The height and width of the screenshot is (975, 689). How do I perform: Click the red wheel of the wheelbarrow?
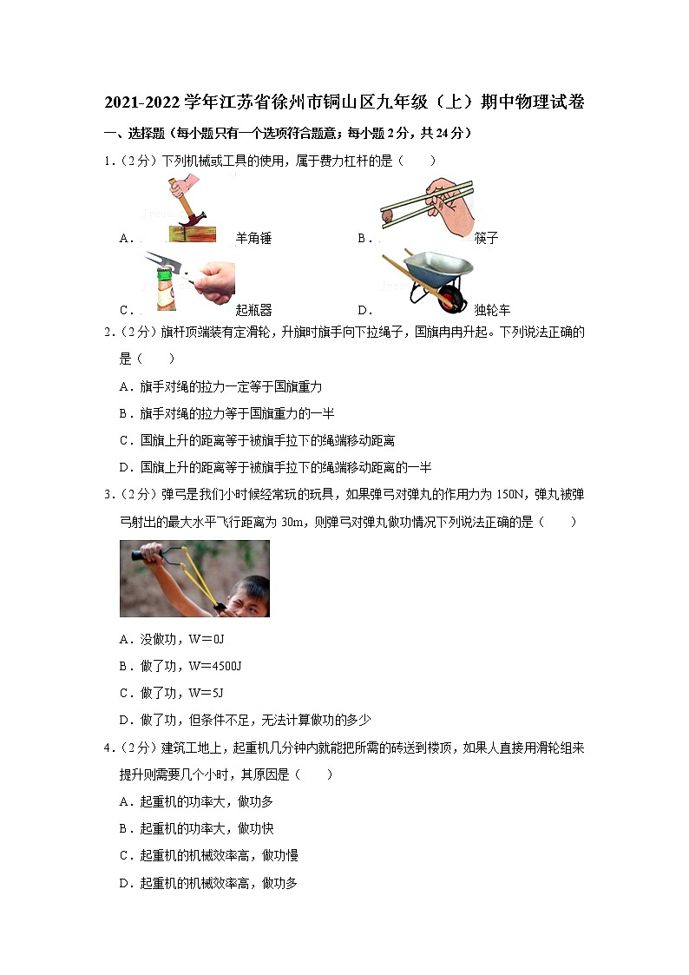coord(449,303)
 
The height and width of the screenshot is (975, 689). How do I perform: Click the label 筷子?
coord(487,238)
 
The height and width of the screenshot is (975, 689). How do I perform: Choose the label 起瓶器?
coord(253,310)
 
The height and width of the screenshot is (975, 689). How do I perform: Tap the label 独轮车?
coord(493,310)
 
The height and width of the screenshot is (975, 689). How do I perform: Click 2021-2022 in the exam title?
coord(143,102)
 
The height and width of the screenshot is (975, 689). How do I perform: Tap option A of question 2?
coord(221,386)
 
